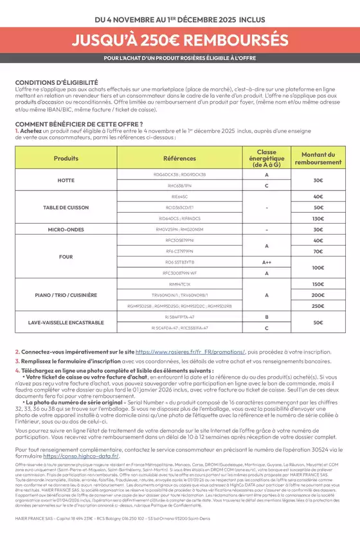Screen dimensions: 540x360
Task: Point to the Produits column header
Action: click(x=66, y=157)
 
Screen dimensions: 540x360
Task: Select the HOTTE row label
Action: click(x=66, y=180)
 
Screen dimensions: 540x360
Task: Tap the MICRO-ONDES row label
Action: click(x=66, y=229)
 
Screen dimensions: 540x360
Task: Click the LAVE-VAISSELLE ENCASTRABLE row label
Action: click(x=66, y=322)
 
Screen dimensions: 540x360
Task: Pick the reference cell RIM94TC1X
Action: click(x=179, y=283)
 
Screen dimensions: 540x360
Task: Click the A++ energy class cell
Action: click(x=266, y=262)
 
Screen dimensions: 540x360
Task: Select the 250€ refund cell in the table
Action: click(x=318, y=306)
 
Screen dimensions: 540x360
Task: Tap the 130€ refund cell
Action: click(x=318, y=218)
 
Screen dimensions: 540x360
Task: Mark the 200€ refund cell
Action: click(x=318, y=294)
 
